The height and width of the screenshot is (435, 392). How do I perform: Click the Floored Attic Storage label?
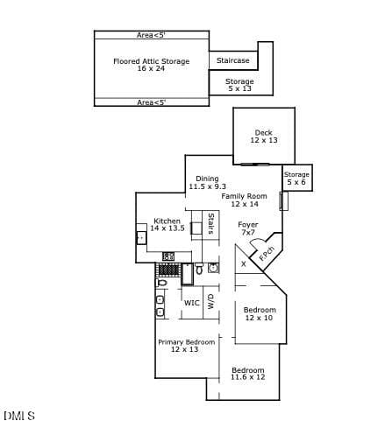(152, 61)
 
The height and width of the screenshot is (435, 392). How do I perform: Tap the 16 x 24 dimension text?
(151, 68)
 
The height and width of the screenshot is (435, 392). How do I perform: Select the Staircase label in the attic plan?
(233, 60)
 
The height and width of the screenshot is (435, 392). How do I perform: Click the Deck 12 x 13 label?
(264, 137)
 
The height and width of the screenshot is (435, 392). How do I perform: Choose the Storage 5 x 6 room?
(297, 178)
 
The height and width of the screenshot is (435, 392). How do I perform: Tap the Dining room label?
(207, 179)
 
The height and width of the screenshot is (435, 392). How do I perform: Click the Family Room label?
(244, 196)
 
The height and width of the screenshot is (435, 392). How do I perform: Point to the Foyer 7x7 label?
(248, 228)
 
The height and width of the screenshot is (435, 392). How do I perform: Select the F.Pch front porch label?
(267, 254)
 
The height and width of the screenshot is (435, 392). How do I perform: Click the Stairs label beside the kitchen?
(210, 224)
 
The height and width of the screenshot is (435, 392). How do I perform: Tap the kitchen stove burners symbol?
(168, 256)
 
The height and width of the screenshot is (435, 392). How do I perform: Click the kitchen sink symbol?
(141, 238)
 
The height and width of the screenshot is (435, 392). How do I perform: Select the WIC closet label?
(192, 303)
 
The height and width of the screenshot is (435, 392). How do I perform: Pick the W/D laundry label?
(210, 302)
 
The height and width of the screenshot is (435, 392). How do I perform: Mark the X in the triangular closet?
(244, 264)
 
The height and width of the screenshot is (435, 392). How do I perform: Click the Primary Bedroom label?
(187, 342)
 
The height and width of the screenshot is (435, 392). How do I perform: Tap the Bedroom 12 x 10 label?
(260, 313)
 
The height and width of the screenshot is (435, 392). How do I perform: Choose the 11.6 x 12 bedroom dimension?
(248, 377)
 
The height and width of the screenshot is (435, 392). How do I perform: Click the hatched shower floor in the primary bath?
(168, 270)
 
